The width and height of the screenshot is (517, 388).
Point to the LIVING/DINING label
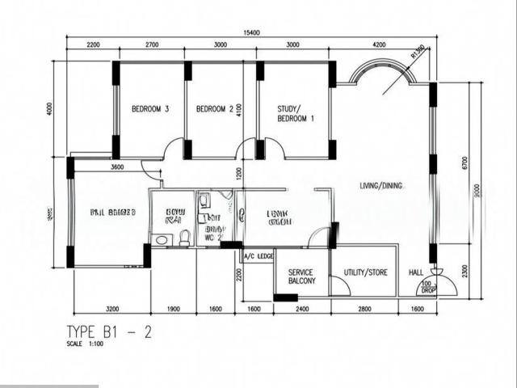tap(381, 186)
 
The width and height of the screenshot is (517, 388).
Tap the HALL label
tap(415, 272)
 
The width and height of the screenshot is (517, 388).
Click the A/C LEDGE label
tap(259, 256)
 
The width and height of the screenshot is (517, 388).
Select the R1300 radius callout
tap(418, 53)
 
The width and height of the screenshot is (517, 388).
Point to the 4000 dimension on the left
tap(49, 108)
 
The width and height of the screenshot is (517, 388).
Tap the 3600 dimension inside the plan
tap(117, 167)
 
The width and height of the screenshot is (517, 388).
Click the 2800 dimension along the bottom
tap(365, 309)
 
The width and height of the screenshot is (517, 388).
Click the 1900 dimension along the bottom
tap(172, 309)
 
